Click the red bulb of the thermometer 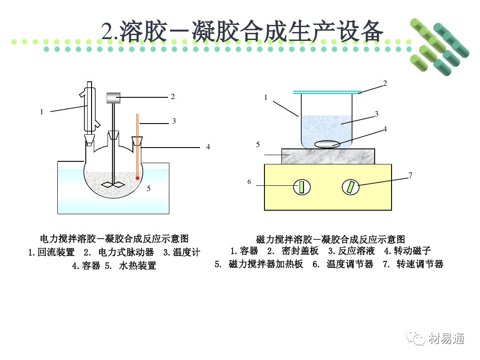point(138,178)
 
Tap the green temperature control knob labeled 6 point(302,188)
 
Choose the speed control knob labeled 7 point(351,188)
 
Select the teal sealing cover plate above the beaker point(327,92)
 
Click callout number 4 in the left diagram point(208,147)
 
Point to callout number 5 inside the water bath point(149,188)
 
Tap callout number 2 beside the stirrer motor point(173,96)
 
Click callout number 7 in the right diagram point(410,176)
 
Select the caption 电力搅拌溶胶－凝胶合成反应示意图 point(114,239)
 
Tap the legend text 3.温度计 point(182,252)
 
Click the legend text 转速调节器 point(420,264)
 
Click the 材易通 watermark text point(446,339)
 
